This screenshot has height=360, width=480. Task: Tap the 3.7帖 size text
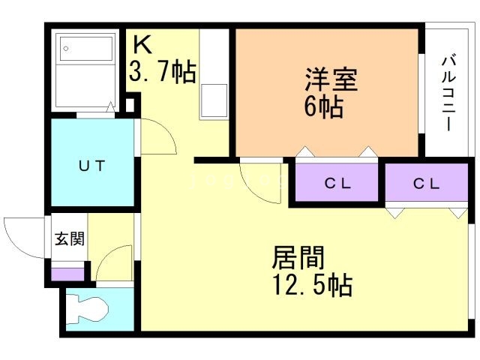[163, 73]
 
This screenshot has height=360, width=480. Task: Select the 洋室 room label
[330, 79]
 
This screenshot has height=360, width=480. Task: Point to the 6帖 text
[323, 106]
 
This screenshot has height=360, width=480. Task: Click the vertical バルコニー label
[448, 92]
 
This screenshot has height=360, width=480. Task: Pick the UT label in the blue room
[92, 164]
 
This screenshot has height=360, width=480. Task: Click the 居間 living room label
[298, 258]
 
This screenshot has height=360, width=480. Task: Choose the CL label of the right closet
[428, 183]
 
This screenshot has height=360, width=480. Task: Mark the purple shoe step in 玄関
[67, 273]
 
